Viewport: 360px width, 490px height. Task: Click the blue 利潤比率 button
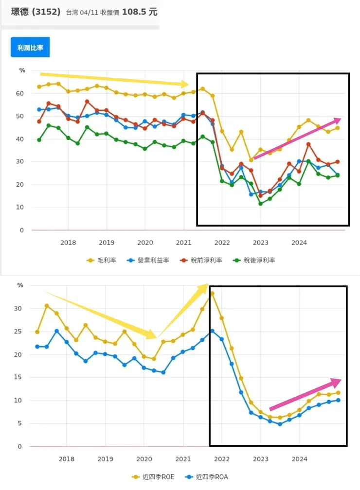pyautogui.click(x=30, y=48)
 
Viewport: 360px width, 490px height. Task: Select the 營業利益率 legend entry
pyautogui.click(x=150, y=260)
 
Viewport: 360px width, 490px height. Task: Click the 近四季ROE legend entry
pyautogui.click(x=156, y=477)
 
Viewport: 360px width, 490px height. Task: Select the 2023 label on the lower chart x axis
pyautogui.click(x=260, y=458)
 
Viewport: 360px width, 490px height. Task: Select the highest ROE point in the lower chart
pyautogui.click(x=212, y=294)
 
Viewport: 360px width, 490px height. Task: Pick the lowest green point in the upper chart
pyautogui.click(x=261, y=204)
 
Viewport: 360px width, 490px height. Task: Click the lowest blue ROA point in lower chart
pyautogui.click(x=280, y=424)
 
